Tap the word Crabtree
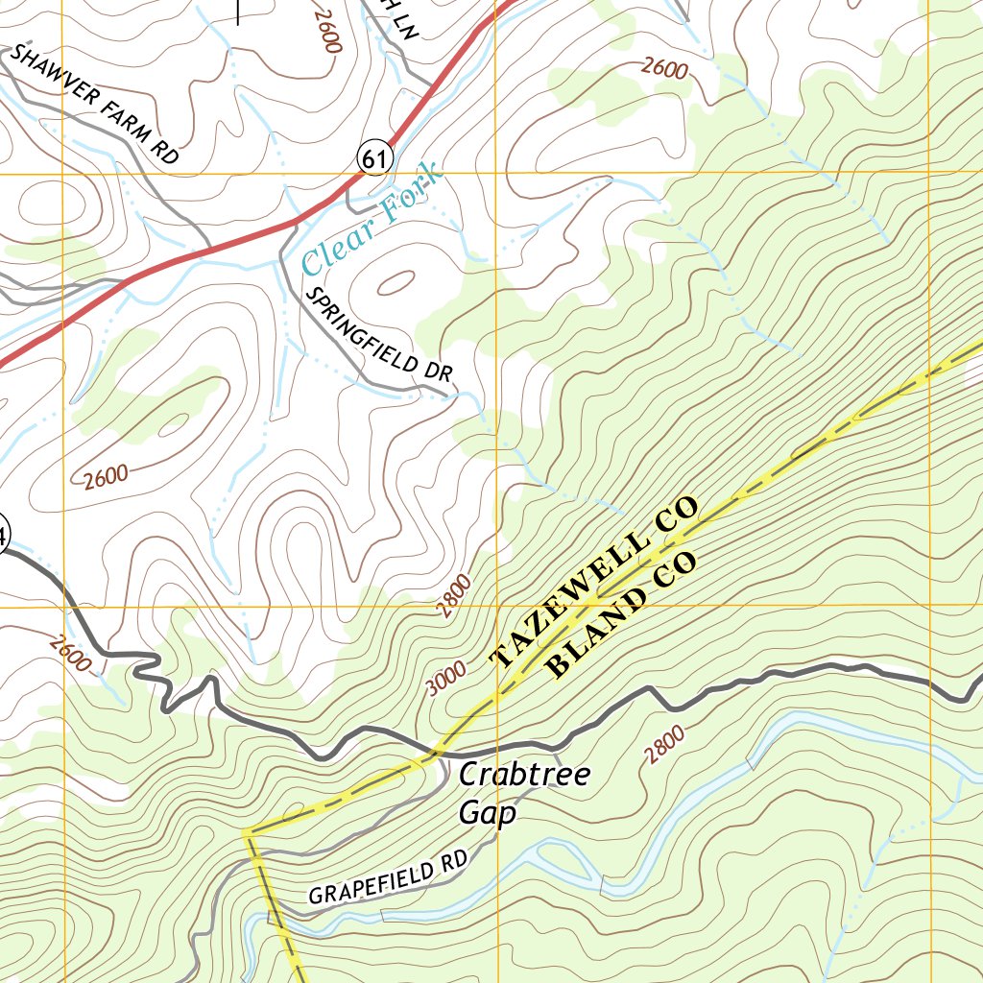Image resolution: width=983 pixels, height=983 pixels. (x=524, y=776)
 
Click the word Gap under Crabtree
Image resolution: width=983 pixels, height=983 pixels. (x=488, y=814)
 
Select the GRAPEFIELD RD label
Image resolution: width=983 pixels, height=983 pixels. (x=386, y=880)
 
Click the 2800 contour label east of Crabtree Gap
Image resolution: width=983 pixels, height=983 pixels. (x=665, y=745)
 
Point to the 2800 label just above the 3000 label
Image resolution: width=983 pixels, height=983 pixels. (x=455, y=595)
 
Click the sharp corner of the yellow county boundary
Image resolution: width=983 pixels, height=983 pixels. (x=249, y=833)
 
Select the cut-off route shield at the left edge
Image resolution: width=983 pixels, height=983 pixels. (x=3, y=536)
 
